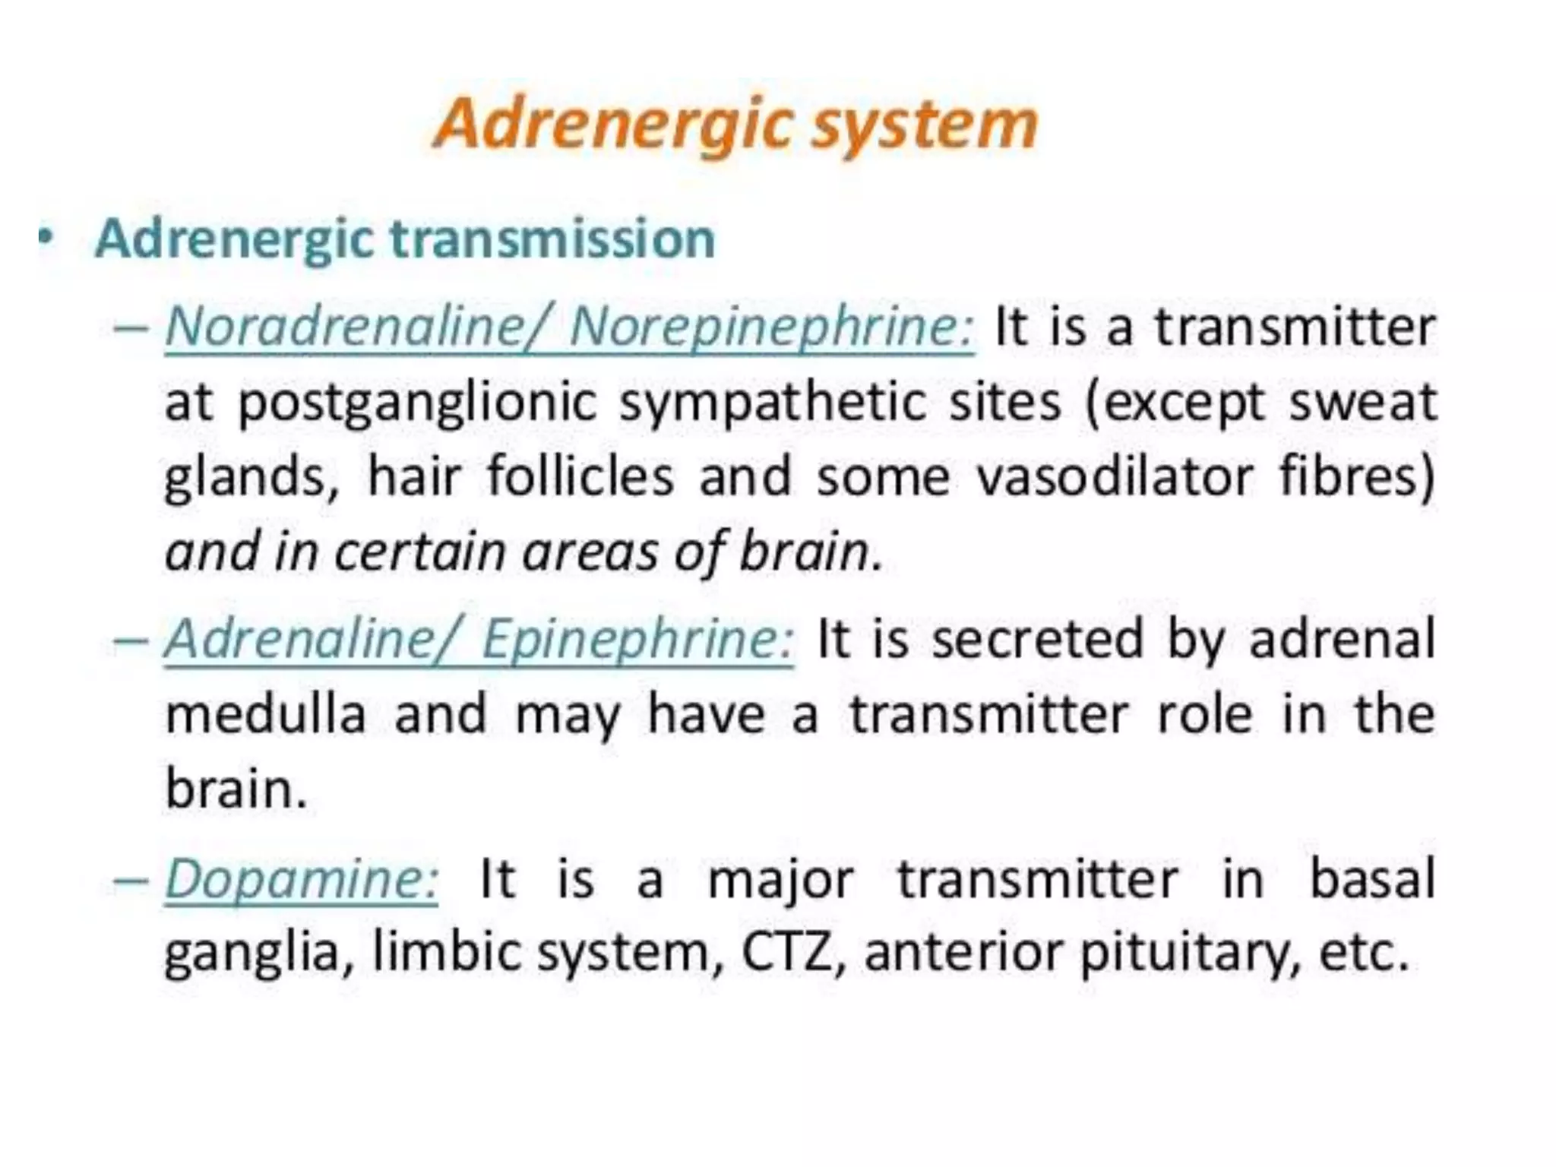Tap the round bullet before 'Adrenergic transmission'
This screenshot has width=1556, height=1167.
pyautogui.click(x=47, y=238)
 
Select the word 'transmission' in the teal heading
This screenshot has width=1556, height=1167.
pyautogui.click(x=552, y=239)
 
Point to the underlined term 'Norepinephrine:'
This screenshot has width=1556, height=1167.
pyautogui.click(x=771, y=328)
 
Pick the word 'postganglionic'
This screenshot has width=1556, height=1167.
pyautogui.click(x=417, y=403)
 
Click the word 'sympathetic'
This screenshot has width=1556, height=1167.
pyautogui.click(x=772, y=403)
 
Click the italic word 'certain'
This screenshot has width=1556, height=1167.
pyautogui.click(x=420, y=552)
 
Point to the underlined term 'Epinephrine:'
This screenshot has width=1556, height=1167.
pyautogui.click(x=637, y=639)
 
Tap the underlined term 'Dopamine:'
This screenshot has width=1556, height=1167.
pyautogui.click(x=302, y=879)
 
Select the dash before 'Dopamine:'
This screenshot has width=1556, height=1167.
pyautogui.click(x=129, y=880)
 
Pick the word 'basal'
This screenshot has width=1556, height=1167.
pyautogui.click(x=1374, y=878)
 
